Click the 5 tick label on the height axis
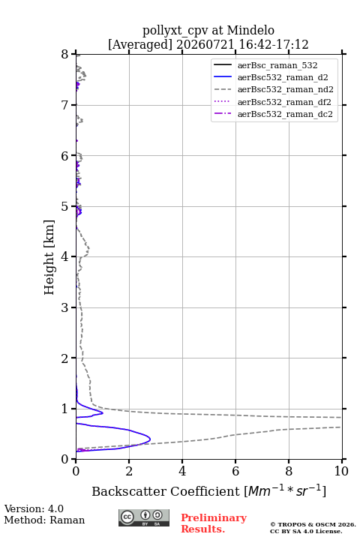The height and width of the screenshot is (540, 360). click(65, 207)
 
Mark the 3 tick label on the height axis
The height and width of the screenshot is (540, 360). click(65, 307)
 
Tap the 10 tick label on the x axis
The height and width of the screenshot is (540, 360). click(341, 471)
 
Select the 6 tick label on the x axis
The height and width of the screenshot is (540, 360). click(235, 471)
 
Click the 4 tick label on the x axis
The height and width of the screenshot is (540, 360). click(182, 471)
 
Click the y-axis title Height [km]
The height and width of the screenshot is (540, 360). click(49, 257)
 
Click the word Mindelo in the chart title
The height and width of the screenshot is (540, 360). click(250, 30)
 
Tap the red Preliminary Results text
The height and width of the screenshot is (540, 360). click(214, 523)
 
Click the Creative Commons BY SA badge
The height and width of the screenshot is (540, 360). click(144, 517)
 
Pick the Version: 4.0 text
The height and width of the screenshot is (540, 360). click(34, 508)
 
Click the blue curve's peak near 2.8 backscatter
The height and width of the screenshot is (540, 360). click(150, 439)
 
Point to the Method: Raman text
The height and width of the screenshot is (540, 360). click(44, 520)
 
